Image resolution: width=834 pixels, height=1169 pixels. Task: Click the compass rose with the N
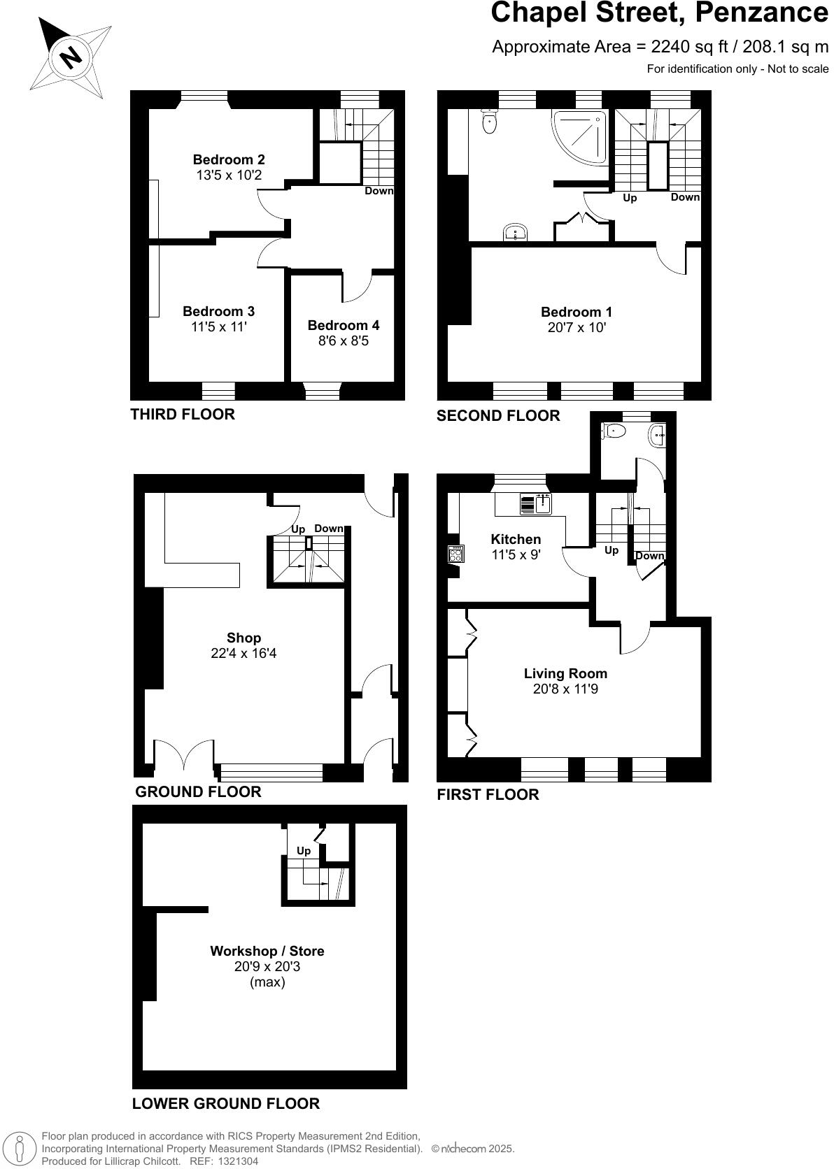[x=70, y=56]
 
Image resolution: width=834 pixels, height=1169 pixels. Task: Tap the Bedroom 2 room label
[x=229, y=160]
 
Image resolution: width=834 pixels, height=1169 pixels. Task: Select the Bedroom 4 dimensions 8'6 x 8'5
[x=344, y=341]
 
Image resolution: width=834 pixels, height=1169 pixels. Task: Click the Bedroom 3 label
[x=218, y=311]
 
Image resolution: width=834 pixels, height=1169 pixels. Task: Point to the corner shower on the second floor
[x=581, y=136]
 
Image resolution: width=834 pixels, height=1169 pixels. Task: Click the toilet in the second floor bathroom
[x=490, y=122]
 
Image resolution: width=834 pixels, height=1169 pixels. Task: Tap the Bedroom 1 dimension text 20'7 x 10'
[x=577, y=327]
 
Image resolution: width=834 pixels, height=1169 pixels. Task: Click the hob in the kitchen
[x=455, y=554]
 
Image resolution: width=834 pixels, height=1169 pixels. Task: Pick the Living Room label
[x=565, y=673]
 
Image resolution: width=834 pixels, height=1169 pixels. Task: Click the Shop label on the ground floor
[x=243, y=638]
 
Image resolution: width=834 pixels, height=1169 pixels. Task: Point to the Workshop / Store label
[x=267, y=951]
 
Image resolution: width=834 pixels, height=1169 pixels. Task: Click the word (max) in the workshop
[x=267, y=982]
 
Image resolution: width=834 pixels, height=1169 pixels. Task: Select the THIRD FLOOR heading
[x=183, y=414]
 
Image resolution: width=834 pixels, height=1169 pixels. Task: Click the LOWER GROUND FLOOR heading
[x=225, y=1103]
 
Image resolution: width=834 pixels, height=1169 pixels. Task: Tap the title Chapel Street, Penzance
[x=659, y=13]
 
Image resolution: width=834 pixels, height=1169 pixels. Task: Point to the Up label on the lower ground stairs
[x=304, y=851]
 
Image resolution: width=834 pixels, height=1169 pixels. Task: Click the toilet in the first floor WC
[x=614, y=430]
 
